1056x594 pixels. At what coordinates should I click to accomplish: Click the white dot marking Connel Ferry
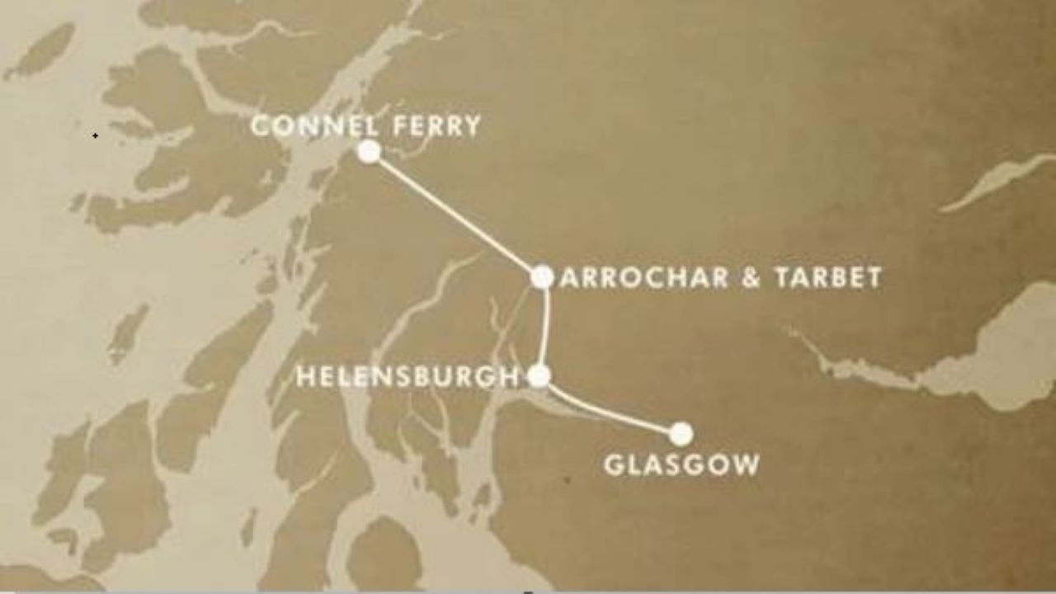(370, 152)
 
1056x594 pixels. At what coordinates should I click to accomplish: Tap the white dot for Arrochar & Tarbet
(542, 277)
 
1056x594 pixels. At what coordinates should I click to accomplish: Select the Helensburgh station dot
(539, 376)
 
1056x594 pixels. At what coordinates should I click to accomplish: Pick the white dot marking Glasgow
(681, 433)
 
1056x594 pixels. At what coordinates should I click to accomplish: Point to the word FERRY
(437, 126)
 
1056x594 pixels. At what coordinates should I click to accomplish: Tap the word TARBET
(828, 277)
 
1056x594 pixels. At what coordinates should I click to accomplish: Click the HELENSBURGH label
(408, 377)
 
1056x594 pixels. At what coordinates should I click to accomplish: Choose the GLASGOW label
(681, 464)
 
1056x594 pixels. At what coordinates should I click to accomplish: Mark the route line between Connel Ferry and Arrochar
(454, 214)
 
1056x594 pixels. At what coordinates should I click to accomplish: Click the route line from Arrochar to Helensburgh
(546, 327)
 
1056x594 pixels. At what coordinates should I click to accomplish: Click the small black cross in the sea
(95, 135)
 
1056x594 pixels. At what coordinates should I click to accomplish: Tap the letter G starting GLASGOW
(614, 464)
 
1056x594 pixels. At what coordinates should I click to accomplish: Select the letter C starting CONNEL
(261, 126)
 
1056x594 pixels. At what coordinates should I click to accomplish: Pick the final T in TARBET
(874, 277)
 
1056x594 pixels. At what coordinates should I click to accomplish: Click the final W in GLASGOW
(746, 464)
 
